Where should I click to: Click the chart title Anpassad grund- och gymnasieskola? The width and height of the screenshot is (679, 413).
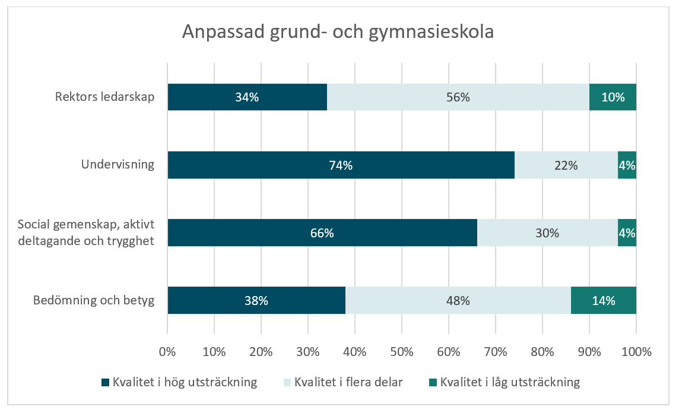(x=338, y=32)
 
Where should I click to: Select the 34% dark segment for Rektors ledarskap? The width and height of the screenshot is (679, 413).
(x=247, y=97)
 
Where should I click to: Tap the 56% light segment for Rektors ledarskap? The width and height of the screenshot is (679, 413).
(x=458, y=97)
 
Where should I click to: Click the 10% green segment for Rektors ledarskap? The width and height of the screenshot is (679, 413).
(x=613, y=97)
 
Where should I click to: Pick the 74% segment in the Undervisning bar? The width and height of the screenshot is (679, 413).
(x=341, y=165)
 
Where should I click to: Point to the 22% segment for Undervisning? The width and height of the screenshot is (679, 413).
(x=566, y=165)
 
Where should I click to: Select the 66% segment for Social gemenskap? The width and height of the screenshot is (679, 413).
(x=322, y=233)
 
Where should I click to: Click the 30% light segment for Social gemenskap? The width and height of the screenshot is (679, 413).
(x=547, y=233)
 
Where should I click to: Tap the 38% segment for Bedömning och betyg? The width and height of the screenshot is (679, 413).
(x=256, y=300)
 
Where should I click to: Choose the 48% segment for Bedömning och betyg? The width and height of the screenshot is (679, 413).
(x=458, y=300)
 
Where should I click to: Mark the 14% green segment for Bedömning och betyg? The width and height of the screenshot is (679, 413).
(x=603, y=300)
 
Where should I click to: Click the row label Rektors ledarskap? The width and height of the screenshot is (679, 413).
(x=105, y=97)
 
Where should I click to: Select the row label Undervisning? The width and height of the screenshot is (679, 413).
(x=118, y=165)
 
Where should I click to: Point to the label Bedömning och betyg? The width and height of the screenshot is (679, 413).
(x=94, y=300)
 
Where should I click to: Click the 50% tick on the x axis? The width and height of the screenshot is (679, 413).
(x=402, y=352)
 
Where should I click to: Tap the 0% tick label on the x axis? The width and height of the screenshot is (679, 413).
(x=168, y=352)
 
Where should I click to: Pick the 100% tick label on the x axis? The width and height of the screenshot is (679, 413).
(x=636, y=352)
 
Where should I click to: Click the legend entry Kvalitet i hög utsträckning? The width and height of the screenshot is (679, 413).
(x=184, y=382)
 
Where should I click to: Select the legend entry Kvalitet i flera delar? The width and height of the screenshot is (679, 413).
(x=348, y=382)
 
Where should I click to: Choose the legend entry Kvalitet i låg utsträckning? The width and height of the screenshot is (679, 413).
(x=510, y=382)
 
